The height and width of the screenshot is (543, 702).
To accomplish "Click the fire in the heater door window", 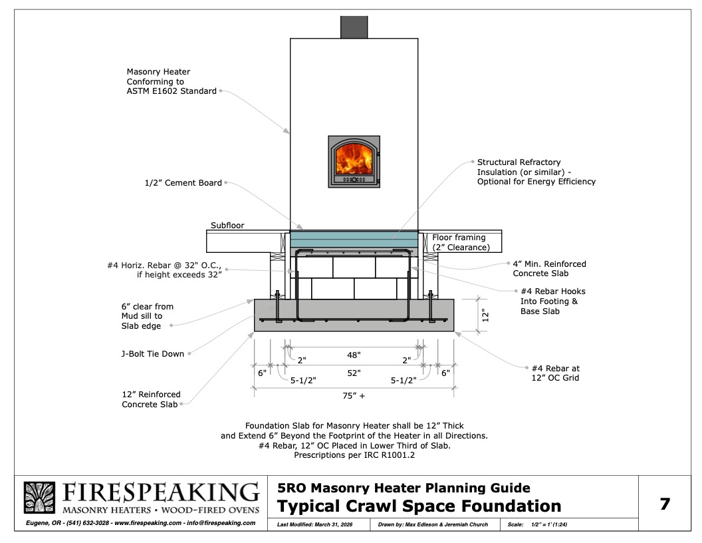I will coord(354,162).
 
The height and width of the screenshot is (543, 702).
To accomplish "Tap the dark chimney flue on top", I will coord(354,27).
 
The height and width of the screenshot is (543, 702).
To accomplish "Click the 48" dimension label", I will coord(354,356).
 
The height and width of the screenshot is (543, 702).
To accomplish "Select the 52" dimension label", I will coord(354,373).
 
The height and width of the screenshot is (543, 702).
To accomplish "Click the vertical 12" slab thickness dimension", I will coord(485,314).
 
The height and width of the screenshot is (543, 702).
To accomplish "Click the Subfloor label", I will coord(227,226).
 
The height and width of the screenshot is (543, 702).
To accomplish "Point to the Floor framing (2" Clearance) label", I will coord(461,242).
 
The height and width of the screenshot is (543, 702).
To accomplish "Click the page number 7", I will coord(664,504).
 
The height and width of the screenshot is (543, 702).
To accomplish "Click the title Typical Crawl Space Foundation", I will coord(419,506).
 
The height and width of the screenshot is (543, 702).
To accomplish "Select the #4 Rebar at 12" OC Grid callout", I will coord(556,373).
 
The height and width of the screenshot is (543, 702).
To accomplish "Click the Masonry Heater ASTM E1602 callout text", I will coord(172,81).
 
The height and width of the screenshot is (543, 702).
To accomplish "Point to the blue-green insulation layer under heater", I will coord(354,238).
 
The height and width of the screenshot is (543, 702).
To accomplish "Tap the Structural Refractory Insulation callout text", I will coord(536,172).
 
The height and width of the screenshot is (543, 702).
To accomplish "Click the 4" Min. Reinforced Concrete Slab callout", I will coord(549,269).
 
